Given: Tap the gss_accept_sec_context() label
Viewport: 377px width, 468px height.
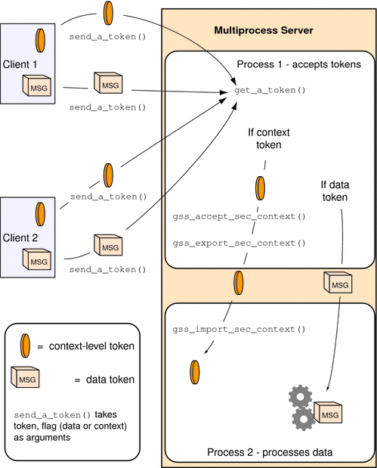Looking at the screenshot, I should tap(239, 217).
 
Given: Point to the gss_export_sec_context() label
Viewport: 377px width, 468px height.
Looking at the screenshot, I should tap(239, 243).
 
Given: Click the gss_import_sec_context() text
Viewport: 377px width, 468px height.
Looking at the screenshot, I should tap(239, 330).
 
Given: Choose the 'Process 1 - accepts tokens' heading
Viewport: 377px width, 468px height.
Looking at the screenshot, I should tap(298, 64).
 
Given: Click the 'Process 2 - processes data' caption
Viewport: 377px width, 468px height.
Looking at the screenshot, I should tap(270, 453).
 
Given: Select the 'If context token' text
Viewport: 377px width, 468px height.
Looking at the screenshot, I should tap(269, 139).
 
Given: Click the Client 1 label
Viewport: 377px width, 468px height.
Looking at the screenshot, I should tap(20, 64).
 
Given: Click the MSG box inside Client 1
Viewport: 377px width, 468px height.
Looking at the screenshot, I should tap(37, 88).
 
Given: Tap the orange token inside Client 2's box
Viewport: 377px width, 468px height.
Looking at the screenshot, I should tap(38, 212).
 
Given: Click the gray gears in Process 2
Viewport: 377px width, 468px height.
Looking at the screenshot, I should tap(302, 408).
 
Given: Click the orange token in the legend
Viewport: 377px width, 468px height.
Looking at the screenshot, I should tap(25, 347).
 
